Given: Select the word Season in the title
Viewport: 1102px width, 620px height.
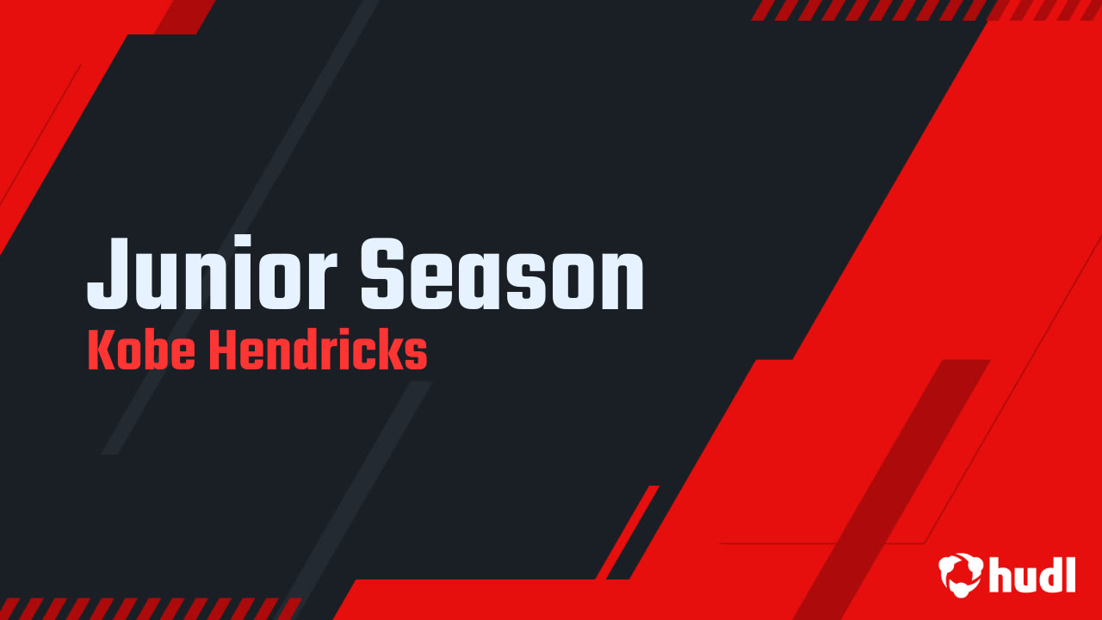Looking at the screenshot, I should tap(502, 274).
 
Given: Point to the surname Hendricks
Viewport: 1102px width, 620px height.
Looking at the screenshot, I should tap(318, 352).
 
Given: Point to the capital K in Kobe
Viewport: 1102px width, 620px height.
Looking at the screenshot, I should tap(100, 352).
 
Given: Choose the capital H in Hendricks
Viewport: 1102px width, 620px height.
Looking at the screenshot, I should tap(222, 352).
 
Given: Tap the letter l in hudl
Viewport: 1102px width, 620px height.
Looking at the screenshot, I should tap(1070, 572).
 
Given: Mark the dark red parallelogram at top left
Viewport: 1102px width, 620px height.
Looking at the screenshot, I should tap(185, 16).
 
